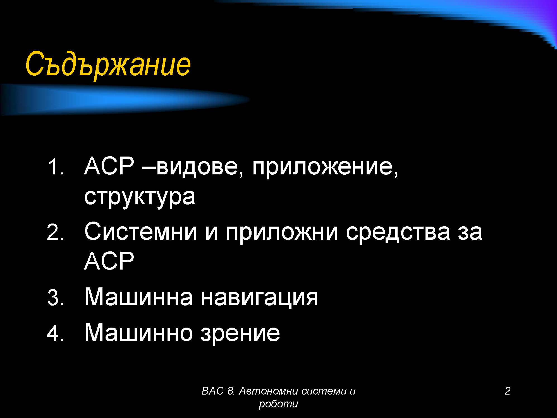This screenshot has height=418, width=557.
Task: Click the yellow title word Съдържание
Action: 108,65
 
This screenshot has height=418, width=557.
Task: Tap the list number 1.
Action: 56,167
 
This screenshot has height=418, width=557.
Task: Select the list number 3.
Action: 56,297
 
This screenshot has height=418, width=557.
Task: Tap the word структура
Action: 140,197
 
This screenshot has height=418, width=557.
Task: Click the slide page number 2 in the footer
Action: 508,391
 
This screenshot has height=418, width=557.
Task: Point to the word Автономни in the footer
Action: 269,391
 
